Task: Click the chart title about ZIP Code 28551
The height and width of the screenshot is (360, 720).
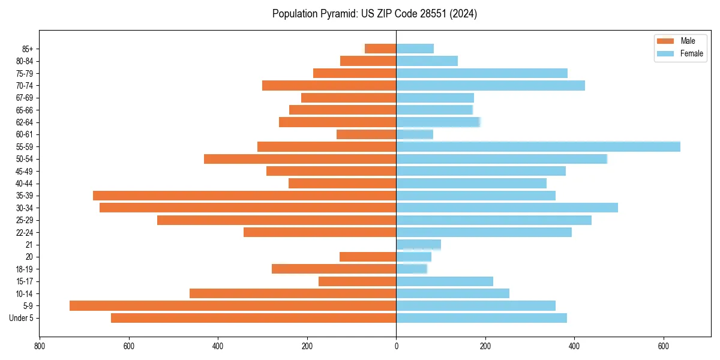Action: tap(374, 14)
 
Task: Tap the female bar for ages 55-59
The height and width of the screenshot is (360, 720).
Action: tap(538, 146)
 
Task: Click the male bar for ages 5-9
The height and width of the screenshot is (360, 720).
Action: tap(233, 306)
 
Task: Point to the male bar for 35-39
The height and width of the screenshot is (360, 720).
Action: tap(245, 196)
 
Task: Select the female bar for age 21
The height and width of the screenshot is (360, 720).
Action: tap(419, 245)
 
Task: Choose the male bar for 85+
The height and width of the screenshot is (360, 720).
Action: tap(380, 49)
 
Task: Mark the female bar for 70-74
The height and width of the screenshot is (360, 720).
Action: tap(491, 85)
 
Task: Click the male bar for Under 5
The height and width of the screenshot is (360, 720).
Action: tap(254, 318)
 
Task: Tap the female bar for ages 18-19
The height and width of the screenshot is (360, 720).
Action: tap(412, 269)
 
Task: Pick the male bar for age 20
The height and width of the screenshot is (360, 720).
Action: tap(368, 257)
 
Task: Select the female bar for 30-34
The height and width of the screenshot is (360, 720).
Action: tap(507, 208)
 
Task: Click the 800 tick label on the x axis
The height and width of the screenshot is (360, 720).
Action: tap(40, 346)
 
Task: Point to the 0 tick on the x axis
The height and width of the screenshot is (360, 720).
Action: tap(396, 346)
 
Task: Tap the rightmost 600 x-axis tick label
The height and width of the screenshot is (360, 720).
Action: tap(664, 346)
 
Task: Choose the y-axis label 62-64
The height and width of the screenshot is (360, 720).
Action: tap(25, 122)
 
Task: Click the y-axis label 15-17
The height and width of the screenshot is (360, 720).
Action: tap(25, 281)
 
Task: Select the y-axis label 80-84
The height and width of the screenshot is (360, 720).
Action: tap(25, 61)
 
